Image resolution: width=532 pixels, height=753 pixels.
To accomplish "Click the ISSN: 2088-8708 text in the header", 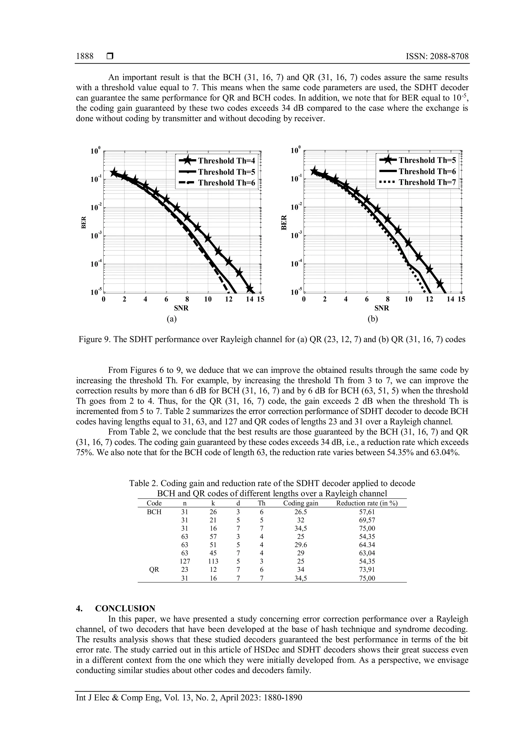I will coord(437,56).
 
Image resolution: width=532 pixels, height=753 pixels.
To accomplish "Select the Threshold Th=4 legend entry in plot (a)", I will coord(226,161).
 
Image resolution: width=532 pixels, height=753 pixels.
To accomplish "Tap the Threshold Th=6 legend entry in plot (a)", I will coord(226,183).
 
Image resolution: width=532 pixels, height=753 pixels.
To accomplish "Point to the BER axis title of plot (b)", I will coord(284,222).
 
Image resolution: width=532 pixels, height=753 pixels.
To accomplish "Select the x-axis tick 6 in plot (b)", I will coord(367,299).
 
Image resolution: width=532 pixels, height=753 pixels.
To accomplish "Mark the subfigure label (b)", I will coord(373,319).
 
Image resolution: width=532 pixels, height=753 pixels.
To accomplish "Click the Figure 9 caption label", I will coord(95,339).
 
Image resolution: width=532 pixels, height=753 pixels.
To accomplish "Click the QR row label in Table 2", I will coord(154,570).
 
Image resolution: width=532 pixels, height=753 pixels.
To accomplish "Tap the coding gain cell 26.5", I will coord(300,512).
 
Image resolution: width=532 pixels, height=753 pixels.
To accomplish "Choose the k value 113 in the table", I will coord(213,561).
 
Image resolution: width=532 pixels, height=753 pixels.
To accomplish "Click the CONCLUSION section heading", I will coord(125,609).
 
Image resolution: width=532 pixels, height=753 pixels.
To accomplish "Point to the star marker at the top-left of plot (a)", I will coord(114,172).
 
